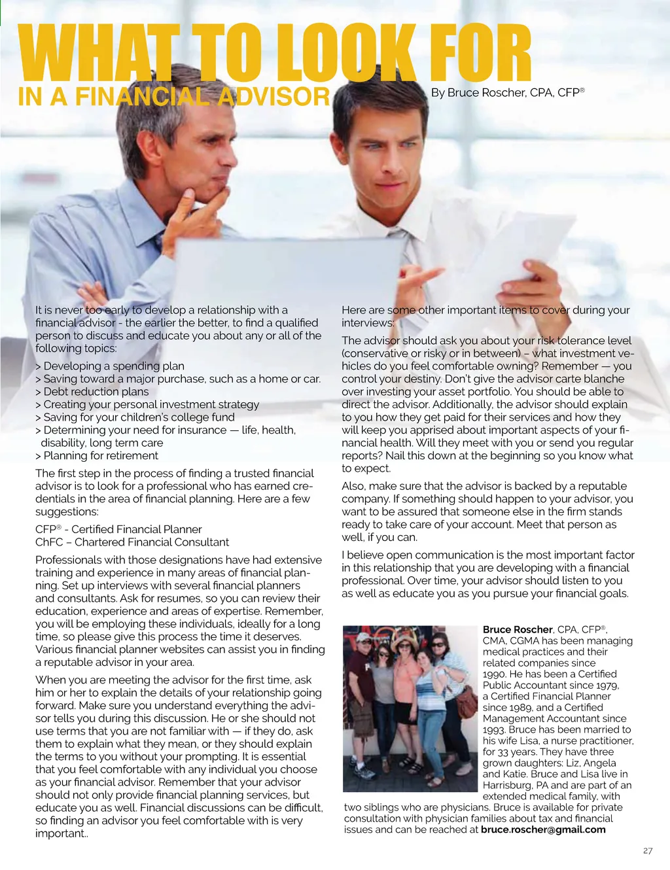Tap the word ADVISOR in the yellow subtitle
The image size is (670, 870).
[273, 97]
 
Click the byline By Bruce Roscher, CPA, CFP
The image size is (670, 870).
[507, 93]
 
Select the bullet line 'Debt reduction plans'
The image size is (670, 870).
[96, 392]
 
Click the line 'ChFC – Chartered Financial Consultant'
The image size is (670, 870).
[132, 542]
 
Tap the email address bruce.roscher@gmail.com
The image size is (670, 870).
[543, 830]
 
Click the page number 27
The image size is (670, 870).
[648, 851]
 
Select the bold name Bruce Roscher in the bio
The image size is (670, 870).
[518, 630]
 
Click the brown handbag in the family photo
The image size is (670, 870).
[466, 701]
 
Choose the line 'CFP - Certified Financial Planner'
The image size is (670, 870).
[118, 529]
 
